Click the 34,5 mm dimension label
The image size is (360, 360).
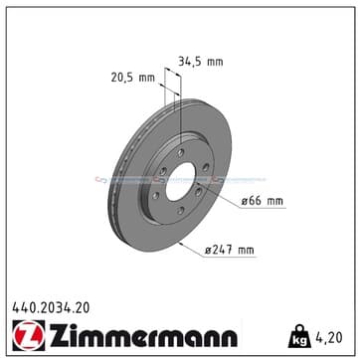201,62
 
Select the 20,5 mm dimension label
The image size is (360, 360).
133,78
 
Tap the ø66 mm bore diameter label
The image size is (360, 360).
262,201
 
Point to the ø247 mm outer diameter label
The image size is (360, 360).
229,250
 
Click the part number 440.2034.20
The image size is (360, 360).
51,308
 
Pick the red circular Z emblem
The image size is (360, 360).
29,335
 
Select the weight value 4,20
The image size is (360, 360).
330,338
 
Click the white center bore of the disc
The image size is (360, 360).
180,182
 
